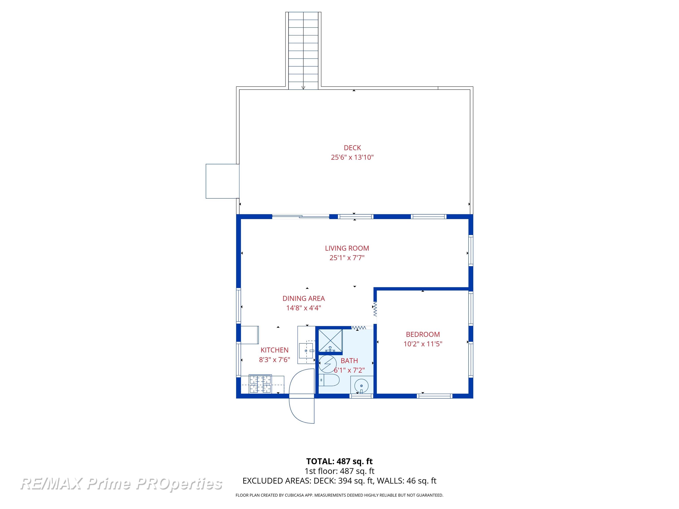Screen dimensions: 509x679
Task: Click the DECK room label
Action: click(352, 148)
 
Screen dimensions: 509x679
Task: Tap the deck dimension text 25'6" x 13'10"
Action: click(352, 157)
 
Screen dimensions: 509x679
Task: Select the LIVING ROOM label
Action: click(347, 248)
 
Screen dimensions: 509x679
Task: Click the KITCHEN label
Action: click(275, 350)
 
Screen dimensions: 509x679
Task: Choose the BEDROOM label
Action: click(423, 334)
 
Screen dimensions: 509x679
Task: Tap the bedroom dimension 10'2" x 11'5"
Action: click(423, 344)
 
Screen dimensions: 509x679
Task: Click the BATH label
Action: click(349, 361)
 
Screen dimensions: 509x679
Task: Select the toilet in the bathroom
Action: click(329, 380)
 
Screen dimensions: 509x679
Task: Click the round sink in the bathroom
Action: click(362, 385)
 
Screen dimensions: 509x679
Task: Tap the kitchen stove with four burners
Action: click(260, 384)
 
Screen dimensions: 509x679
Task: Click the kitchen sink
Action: click(306, 351)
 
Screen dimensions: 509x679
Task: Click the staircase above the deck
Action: click(303, 49)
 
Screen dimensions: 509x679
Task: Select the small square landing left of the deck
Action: click(222, 181)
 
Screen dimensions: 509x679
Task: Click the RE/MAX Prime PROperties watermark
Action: click(121, 484)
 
